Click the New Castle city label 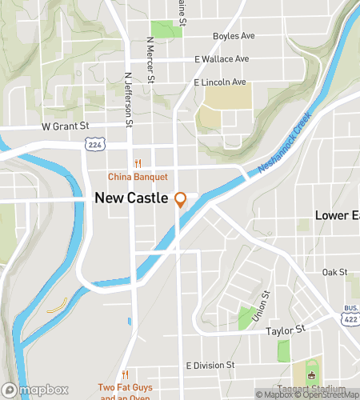(x=132, y=197)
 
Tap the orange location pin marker (x=181, y=199)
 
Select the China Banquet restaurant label (x=138, y=176)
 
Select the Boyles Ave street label (x=233, y=36)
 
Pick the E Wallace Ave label (x=222, y=59)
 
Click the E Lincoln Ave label (x=219, y=82)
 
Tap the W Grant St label (x=65, y=126)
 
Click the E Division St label (x=210, y=365)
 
